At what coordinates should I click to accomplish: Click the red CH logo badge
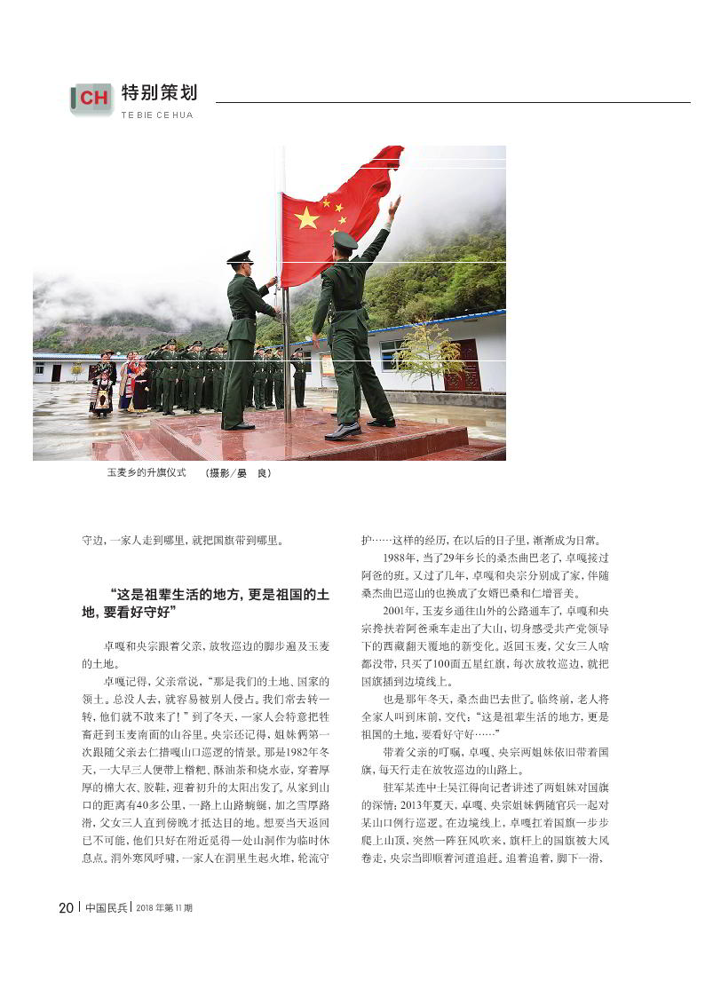[x=92, y=99]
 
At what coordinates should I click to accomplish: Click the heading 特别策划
[x=159, y=92]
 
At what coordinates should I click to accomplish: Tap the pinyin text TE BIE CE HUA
[x=156, y=115]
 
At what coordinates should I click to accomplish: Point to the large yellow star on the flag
[x=306, y=218]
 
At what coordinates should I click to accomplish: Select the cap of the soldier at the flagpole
[x=239, y=257]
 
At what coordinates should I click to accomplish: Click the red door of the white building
[x=463, y=365]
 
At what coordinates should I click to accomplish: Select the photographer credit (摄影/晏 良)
[x=239, y=473]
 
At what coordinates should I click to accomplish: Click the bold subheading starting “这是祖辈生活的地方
[x=206, y=603]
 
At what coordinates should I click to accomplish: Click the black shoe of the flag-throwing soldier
[x=342, y=432]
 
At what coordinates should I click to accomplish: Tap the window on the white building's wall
[x=392, y=353]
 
